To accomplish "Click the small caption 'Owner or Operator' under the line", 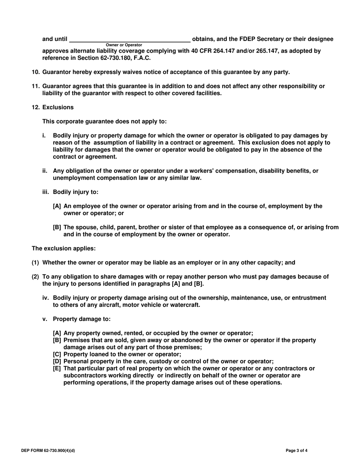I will (124, 45).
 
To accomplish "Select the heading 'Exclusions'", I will (58, 107).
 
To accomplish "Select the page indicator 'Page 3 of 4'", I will (299, 451).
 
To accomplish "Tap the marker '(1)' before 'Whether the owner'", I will (36, 263).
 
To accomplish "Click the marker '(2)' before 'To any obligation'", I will (36, 277).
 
